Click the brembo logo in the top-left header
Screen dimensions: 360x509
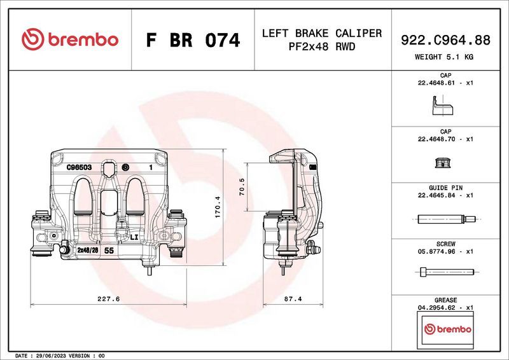coord(70,39)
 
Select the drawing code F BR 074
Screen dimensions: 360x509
coord(193,41)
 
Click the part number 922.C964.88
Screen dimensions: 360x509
coord(445,40)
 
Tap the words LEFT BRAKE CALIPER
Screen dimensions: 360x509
coord(322,33)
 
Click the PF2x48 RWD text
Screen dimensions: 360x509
coord(322,47)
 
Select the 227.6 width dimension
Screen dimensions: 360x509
coord(108,298)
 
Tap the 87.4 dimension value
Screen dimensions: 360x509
coord(291,298)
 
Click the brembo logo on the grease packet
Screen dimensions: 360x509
coord(447,329)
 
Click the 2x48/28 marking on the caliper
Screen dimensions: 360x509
coord(87,251)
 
